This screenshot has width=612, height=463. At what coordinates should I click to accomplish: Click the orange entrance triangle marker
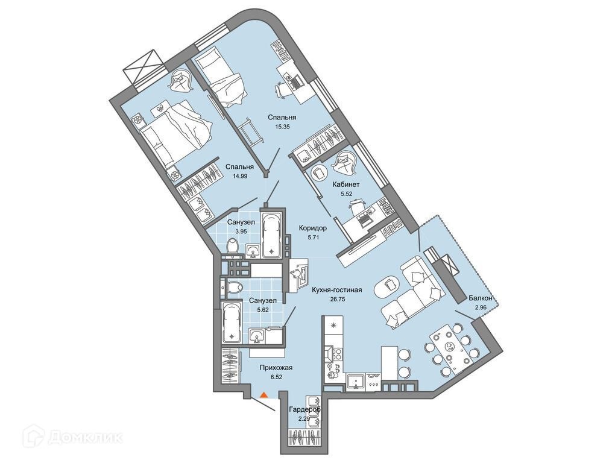pyautogui.click(x=263, y=395)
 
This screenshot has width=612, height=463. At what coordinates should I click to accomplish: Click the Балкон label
pyautogui.click(x=481, y=298)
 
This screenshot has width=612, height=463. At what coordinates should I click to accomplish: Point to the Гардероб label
pyautogui.click(x=304, y=410)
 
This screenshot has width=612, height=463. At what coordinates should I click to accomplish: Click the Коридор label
pyautogui.click(x=312, y=228)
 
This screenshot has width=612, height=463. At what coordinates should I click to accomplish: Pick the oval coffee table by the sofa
pyautogui.click(x=388, y=286)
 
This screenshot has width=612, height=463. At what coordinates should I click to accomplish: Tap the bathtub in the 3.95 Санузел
pyautogui.click(x=271, y=232)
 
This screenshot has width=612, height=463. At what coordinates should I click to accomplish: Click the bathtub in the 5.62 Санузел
pyautogui.click(x=230, y=322)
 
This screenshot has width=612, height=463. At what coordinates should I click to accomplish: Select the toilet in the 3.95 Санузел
pyautogui.click(x=232, y=246)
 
